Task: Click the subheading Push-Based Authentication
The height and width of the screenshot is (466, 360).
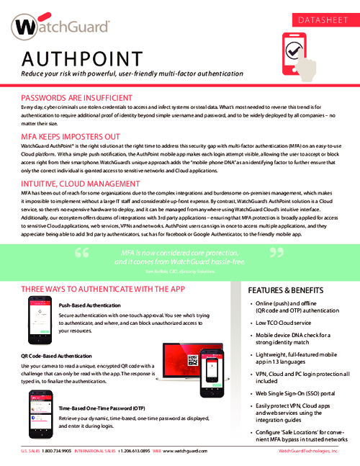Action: point(89,305)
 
